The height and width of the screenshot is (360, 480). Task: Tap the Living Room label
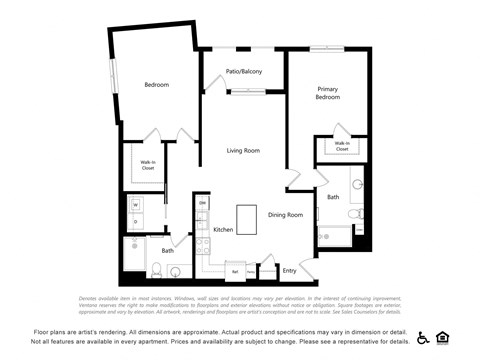[243, 151]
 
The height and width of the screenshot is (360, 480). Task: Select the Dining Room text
[285, 214]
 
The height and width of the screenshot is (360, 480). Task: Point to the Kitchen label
[224, 230]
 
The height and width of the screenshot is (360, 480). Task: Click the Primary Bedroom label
[328, 93]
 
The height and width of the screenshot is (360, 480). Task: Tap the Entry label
[289, 270]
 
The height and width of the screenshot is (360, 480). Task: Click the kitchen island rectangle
[247, 219]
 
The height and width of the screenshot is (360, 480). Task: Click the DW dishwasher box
[203, 203]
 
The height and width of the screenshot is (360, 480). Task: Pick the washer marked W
[135, 204]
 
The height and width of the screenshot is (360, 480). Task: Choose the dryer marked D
[135, 221]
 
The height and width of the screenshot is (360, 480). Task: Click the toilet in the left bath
[157, 268]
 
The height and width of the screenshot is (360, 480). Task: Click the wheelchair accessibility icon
[423, 337]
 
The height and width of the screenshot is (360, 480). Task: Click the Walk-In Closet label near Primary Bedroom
[342, 146]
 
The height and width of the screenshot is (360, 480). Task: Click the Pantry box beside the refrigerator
[251, 271]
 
